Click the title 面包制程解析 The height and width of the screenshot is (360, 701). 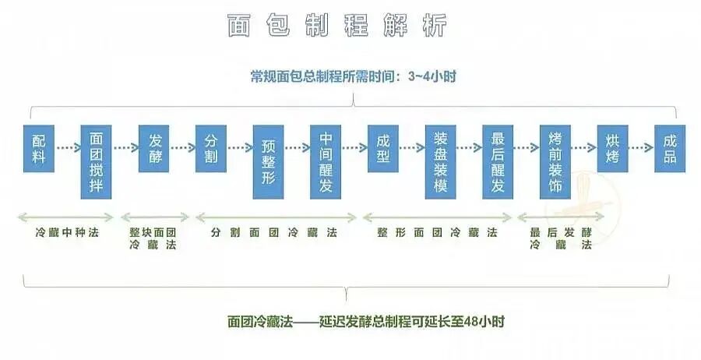coord(337,25)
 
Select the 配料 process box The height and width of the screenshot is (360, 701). coord(39,148)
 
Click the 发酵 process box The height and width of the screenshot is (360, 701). coord(154,148)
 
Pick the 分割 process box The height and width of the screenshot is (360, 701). coord(211,148)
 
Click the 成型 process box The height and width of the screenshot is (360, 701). coord(383,148)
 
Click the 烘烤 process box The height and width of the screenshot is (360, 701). coord(613,148)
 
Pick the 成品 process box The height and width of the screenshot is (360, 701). coord(670,148)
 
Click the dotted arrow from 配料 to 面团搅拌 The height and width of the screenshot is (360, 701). coord(68,147)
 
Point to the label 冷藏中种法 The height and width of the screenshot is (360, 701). coord(68,232)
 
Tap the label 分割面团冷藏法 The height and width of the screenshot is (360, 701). coord(273,232)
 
